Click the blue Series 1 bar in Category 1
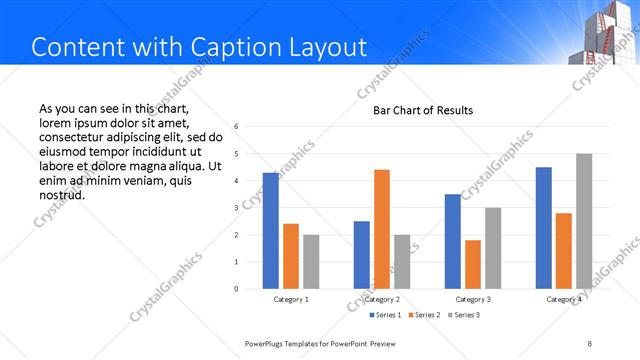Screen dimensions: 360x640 point(271,230)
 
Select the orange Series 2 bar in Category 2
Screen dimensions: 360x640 point(382,229)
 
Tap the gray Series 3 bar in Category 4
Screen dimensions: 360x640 point(584,221)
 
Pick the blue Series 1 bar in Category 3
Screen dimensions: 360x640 point(453,241)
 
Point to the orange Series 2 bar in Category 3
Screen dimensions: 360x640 point(473,264)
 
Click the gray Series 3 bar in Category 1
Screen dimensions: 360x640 point(311,261)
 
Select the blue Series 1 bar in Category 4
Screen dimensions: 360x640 point(544,227)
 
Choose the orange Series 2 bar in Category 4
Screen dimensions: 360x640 point(564,250)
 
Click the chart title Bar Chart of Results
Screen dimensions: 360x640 point(423,110)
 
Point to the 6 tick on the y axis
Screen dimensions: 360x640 point(236,127)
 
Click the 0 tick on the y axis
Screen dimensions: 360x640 point(236,289)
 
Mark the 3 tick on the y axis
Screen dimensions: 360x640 point(236,208)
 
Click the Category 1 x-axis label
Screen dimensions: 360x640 point(291,300)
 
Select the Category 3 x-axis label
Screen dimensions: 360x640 point(473,300)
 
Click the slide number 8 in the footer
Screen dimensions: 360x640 point(590,343)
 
